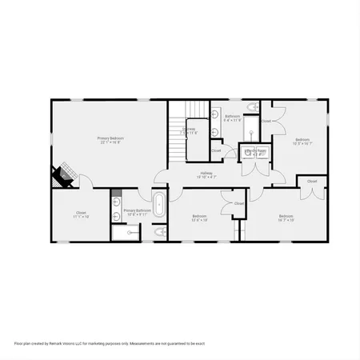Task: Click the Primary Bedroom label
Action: (110, 140)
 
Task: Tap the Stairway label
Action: (190, 130)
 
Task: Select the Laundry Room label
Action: (255, 152)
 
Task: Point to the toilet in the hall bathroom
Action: (252, 107)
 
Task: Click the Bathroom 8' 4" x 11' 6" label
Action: (232, 118)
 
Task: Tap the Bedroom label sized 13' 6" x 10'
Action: (200, 218)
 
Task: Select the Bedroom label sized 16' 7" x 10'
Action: (286, 218)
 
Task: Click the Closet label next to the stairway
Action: (216, 150)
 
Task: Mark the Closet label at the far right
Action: (312, 182)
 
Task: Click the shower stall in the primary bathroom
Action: (124, 233)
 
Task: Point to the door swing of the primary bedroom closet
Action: (74, 183)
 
